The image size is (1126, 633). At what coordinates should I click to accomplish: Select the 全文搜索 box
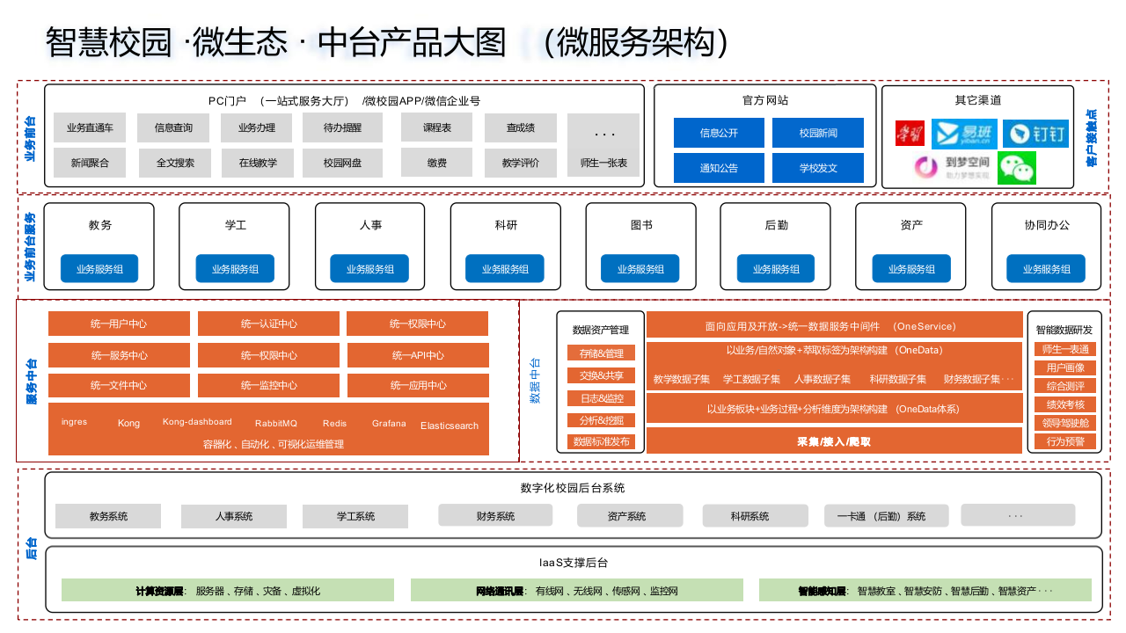tap(175, 163)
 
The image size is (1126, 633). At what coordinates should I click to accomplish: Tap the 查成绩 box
tap(521, 127)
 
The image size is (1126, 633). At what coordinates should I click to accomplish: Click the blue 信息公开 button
tap(719, 133)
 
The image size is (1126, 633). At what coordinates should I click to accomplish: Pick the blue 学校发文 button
tap(818, 168)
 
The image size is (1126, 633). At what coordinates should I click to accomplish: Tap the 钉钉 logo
tap(1035, 134)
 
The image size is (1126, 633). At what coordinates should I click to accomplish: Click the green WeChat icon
tap(1017, 168)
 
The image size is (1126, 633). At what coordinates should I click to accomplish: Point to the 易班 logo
tap(964, 134)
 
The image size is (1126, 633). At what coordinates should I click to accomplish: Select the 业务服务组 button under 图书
tap(640, 269)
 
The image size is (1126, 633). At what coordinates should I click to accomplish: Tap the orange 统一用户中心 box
tap(119, 324)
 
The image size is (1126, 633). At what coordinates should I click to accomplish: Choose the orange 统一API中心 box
tap(418, 355)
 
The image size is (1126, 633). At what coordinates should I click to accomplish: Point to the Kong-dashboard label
tap(197, 422)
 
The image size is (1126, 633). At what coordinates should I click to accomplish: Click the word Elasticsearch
tap(450, 426)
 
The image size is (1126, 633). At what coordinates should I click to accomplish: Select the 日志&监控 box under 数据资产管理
tap(601, 398)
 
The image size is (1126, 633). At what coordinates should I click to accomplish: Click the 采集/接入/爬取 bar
tap(834, 441)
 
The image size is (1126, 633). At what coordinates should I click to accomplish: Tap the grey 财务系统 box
tap(495, 516)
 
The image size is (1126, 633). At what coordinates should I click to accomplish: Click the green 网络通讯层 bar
tap(577, 591)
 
